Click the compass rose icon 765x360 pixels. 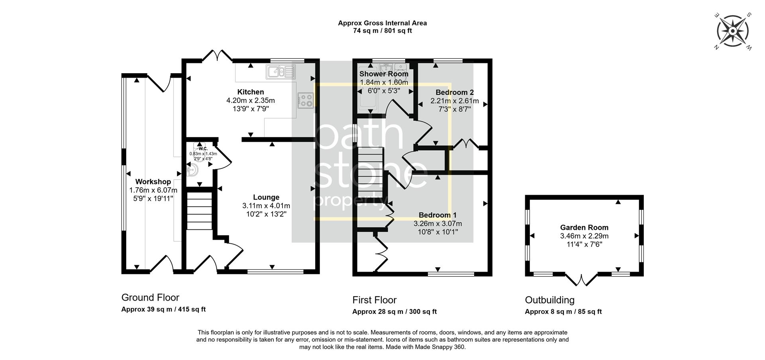[732, 31]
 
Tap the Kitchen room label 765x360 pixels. [251, 92]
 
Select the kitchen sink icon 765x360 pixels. [281, 72]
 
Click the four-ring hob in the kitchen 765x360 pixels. [306, 100]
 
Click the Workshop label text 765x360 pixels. [153, 182]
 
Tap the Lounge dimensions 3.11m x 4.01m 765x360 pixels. [266, 206]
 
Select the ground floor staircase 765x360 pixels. [199, 211]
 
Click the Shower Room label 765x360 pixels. [384, 74]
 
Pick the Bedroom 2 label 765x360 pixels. [455, 92]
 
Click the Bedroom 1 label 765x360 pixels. [437, 215]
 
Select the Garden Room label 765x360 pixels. [584, 227]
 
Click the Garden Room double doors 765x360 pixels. [581, 280]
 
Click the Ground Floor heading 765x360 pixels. [150, 297]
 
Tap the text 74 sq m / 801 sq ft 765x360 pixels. [382, 31]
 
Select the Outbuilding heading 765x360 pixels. [549, 300]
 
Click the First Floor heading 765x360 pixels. [374, 300]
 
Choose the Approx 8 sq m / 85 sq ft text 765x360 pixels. [563, 311]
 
